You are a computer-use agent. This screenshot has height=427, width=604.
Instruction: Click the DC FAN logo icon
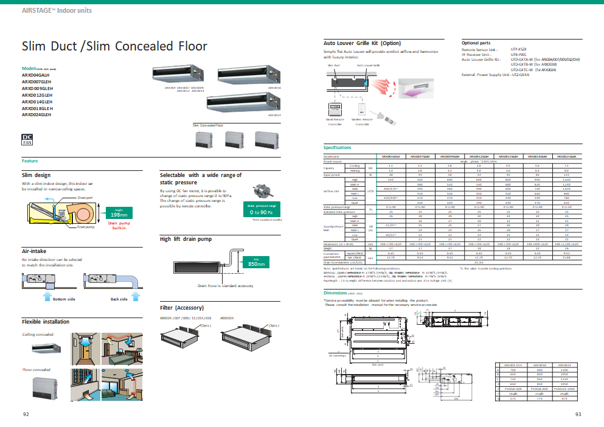[x=27, y=141]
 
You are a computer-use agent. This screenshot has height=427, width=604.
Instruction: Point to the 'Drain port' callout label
[x=85, y=198]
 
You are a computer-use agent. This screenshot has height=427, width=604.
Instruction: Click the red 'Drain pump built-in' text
[x=119, y=226]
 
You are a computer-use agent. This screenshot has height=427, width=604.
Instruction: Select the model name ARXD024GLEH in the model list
[x=36, y=114]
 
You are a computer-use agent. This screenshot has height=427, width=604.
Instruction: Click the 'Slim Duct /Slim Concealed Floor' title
[x=114, y=46]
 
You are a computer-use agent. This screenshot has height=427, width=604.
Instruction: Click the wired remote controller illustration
[x=335, y=111]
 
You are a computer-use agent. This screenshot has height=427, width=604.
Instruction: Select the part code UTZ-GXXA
[x=520, y=74]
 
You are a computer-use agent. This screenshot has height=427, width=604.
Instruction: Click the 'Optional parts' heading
[x=476, y=43]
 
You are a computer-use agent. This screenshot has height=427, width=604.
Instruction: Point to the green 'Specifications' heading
[x=337, y=148]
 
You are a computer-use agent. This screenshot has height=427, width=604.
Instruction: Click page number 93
[x=578, y=414]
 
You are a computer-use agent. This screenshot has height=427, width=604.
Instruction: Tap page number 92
[x=26, y=414]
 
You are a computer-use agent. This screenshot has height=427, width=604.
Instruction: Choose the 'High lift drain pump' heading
[x=181, y=240]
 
